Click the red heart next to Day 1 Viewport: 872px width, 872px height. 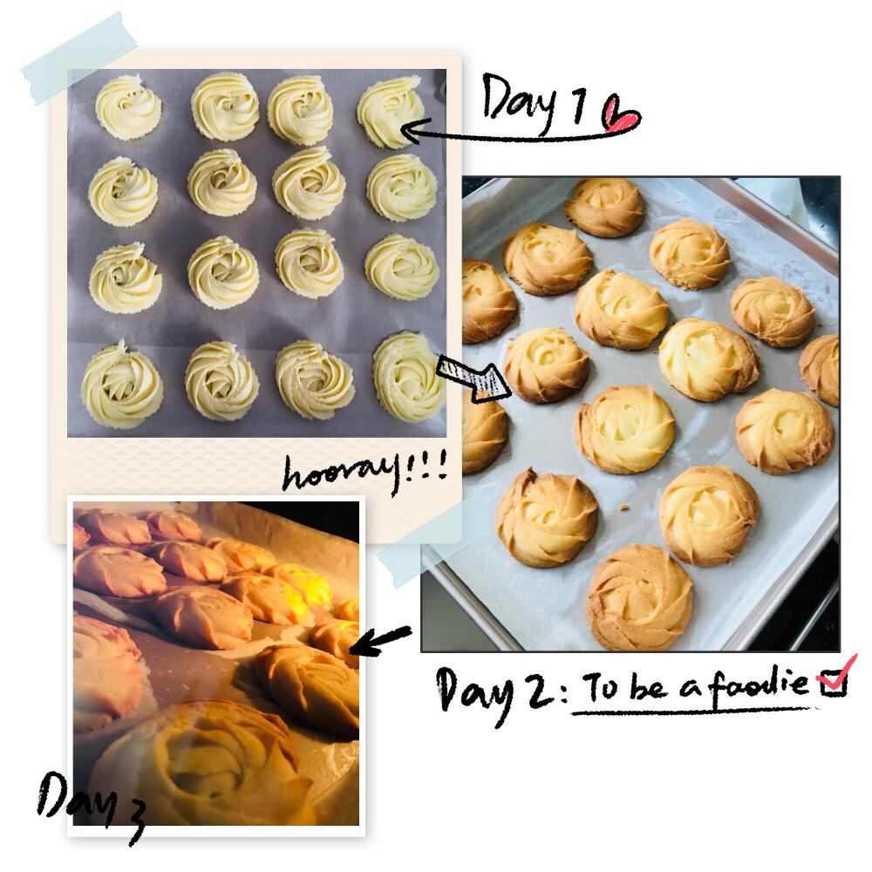[x=621, y=115]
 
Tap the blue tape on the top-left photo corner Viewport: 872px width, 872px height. [x=79, y=58]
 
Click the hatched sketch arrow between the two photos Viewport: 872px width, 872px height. [x=473, y=378]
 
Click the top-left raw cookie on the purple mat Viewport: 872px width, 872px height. [x=128, y=106]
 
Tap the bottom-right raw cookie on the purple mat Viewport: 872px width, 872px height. [x=408, y=376]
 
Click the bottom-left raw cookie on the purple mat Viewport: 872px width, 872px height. [x=122, y=385]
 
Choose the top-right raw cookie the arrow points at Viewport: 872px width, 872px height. [x=389, y=112]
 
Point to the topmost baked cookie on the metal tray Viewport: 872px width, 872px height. [x=605, y=207]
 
